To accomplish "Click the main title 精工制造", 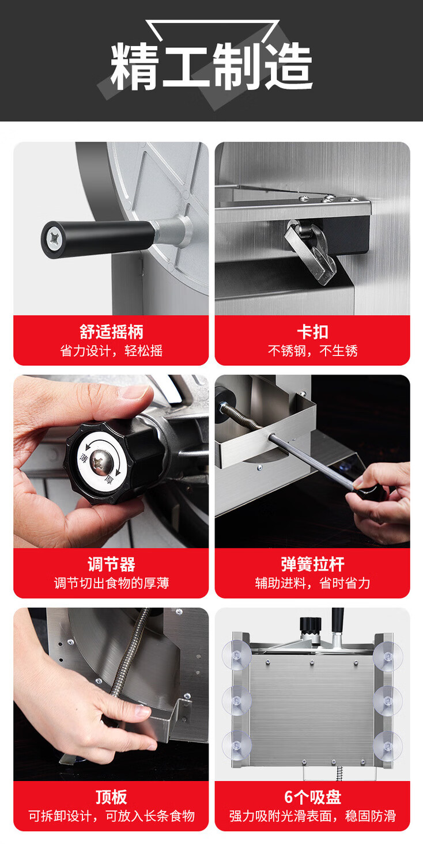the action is click(x=211, y=66).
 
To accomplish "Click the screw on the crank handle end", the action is click(x=52, y=239).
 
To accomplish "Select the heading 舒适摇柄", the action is click(x=111, y=332).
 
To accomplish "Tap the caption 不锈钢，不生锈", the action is click(x=312, y=351).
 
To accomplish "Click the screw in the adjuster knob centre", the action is click(x=103, y=461).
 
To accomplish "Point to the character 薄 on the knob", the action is click(x=84, y=458).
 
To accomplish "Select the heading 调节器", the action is click(x=111, y=564).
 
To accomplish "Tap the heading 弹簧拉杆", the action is click(x=312, y=564).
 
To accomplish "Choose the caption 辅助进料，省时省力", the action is click(x=312, y=583).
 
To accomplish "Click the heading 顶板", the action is click(x=111, y=797).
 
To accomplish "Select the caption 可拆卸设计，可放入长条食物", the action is click(x=111, y=816).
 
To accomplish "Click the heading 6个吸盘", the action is click(x=312, y=797).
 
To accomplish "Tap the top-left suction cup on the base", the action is click(x=237, y=655).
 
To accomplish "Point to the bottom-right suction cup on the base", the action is click(x=387, y=745).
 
